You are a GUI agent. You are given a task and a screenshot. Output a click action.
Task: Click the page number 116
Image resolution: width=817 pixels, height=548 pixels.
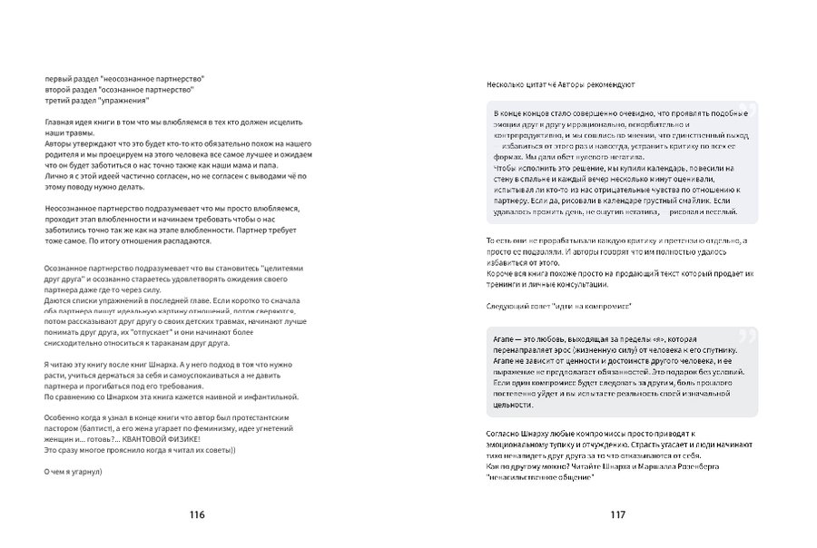point(197,514)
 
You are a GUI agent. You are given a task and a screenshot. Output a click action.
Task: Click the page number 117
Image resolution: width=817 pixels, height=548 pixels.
point(618,514)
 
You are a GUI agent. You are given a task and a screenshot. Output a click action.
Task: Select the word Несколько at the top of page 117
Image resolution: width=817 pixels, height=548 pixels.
point(507,83)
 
